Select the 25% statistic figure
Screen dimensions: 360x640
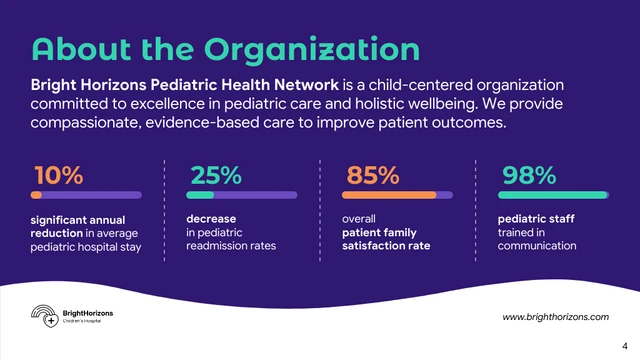click(x=216, y=175)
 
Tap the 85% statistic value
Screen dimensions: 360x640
click(x=372, y=175)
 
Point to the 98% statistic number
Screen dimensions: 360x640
click(x=529, y=175)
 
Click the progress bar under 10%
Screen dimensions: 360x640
click(x=85, y=194)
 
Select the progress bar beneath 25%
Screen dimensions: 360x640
click(x=242, y=194)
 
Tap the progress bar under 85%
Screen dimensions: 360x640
click(x=398, y=194)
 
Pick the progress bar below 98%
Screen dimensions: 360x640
click(x=554, y=194)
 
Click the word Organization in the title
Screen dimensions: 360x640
click(x=311, y=49)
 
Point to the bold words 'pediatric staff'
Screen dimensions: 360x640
click(x=536, y=218)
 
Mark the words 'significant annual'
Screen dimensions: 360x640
click(x=78, y=219)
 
